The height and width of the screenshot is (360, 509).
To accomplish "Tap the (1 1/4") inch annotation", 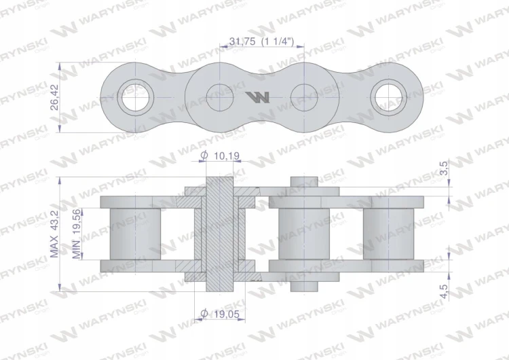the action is point(278,41).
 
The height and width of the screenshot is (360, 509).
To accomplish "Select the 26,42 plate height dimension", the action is point(55,97).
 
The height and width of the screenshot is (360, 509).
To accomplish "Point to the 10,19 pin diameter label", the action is point(227,156).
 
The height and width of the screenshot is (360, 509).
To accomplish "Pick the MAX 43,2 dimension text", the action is point(54,234).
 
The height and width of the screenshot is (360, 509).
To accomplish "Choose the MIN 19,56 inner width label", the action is point(76,234).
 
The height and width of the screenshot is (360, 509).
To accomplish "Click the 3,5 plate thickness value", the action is point(444,168).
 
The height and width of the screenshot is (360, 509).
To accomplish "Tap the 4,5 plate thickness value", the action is point(444,291).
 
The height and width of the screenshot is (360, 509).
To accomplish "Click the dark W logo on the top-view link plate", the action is point(257,97).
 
